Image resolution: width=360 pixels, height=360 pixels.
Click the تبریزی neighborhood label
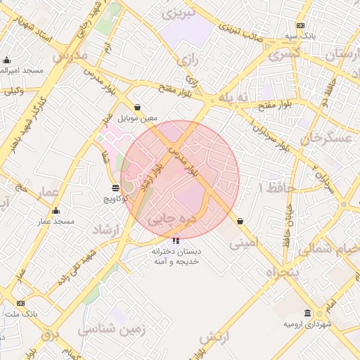pos(178,13)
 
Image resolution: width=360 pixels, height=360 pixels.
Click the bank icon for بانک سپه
pos(300,25)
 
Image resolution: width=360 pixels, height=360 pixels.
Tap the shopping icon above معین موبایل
pos(137,107)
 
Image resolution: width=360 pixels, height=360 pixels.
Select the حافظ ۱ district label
pos(274,188)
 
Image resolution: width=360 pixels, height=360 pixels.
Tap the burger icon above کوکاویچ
pos(115,188)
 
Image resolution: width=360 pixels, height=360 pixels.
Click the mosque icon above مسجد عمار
pos(56,211)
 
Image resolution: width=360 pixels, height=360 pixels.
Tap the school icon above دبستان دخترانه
pos(175,240)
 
